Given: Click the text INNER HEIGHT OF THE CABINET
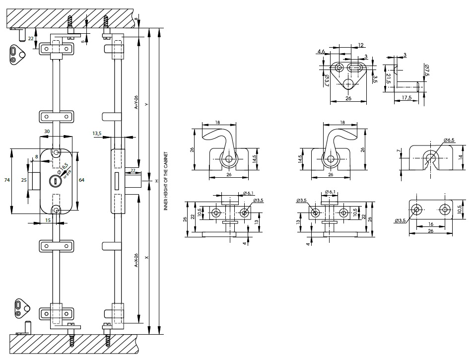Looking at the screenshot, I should tap(165, 181).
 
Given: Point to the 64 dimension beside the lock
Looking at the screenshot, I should tap(81, 179).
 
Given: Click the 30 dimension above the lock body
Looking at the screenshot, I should tap(47, 132).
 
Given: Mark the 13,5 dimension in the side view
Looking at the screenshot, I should tap(97, 134).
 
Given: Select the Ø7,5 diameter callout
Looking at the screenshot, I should tap(426, 69).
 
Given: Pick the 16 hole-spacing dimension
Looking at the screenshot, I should tap(431, 224).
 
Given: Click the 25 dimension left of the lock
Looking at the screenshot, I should tap(24, 180).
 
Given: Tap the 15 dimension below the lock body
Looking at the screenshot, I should tap(47, 220).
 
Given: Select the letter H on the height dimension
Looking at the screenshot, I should tap(156, 181).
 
